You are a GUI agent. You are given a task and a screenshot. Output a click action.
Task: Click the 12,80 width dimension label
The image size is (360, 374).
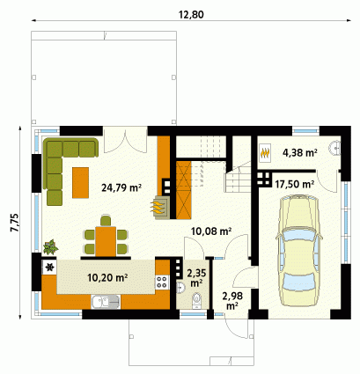191,14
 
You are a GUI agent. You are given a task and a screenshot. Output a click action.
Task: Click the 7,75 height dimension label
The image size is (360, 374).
14,223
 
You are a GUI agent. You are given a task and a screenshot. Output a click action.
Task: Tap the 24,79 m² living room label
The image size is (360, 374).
121,187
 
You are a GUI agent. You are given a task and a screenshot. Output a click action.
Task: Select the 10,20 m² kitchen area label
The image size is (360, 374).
107,277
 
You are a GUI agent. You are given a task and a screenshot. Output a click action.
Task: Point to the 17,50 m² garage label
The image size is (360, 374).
295,184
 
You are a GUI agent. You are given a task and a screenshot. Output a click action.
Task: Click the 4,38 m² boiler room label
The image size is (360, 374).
300,152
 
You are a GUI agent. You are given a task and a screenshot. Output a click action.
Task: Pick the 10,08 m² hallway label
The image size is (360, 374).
211,231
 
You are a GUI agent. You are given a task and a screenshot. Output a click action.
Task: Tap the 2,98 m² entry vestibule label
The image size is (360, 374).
232,301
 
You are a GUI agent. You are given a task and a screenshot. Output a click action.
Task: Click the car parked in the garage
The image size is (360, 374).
298,251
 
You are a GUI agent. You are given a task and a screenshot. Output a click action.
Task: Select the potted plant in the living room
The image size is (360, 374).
50,246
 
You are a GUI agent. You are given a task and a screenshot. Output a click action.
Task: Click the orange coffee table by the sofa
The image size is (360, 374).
80,182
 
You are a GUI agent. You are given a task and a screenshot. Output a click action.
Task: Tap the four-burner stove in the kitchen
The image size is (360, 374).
162,282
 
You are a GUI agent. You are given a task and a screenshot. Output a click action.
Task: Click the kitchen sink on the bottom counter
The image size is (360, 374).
106,302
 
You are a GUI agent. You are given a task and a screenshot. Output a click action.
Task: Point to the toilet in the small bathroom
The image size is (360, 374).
196,300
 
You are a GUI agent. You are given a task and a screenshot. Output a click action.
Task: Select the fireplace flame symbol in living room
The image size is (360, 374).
158,207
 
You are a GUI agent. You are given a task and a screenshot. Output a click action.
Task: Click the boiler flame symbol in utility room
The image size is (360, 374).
265,152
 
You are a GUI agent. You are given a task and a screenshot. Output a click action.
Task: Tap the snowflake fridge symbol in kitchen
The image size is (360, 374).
50,267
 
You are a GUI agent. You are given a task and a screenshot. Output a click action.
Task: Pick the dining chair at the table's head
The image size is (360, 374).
106,221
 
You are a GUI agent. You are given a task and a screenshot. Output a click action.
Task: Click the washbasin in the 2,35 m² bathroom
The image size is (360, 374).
180,288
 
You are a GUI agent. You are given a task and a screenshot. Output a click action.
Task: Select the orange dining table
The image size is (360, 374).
106,241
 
